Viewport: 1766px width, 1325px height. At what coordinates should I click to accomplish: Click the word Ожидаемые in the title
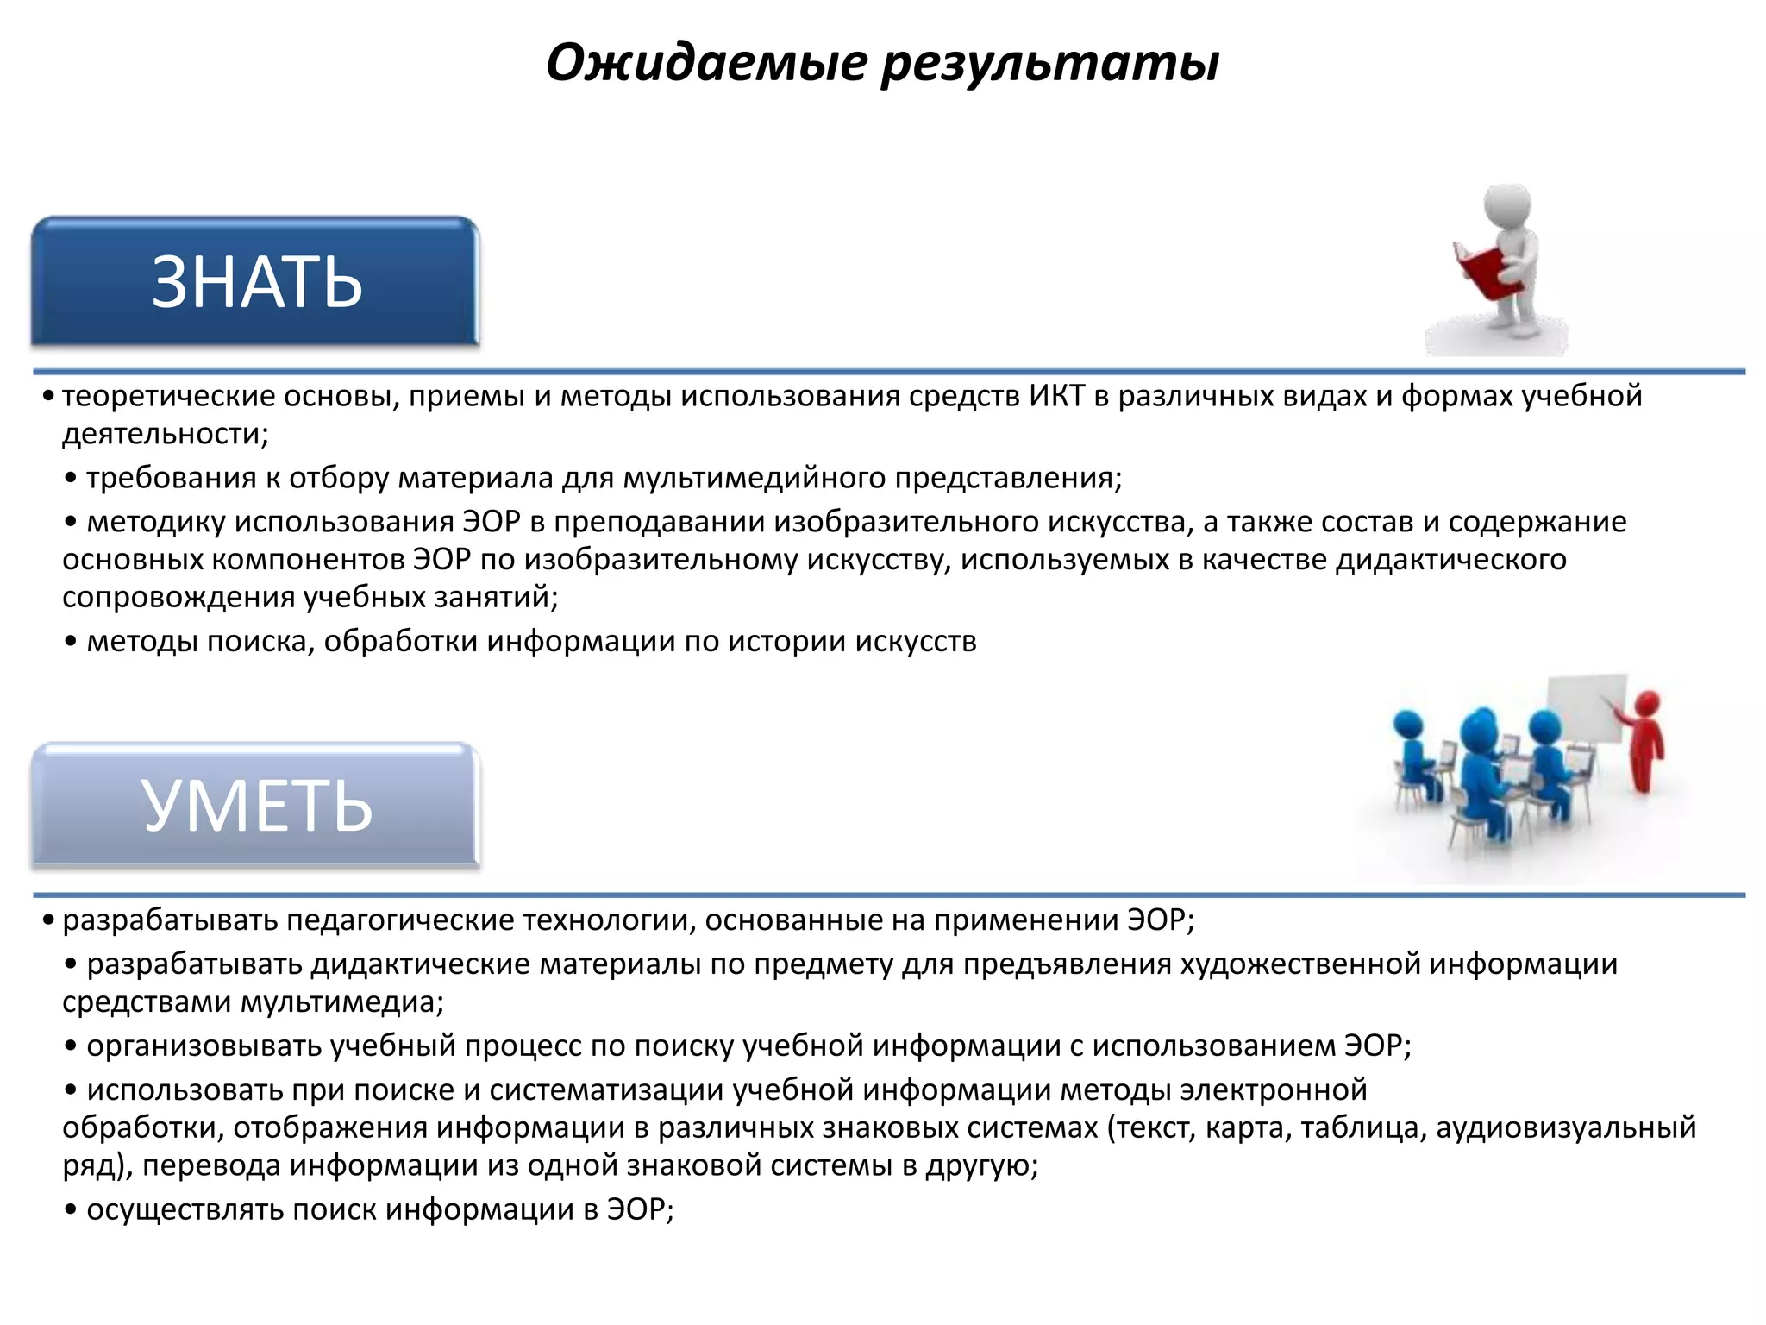(x=706, y=64)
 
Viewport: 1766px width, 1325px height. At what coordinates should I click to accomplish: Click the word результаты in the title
(x=1049, y=64)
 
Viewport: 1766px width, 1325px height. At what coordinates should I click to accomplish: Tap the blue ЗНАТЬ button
(x=255, y=282)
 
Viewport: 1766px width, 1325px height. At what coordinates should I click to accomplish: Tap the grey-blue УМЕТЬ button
(x=255, y=806)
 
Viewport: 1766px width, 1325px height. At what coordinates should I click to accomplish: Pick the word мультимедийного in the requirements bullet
(x=754, y=477)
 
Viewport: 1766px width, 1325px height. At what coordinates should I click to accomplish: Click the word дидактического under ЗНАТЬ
(x=1450, y=559)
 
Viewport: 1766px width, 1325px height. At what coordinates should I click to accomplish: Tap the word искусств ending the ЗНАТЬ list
(x=916, y=641)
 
